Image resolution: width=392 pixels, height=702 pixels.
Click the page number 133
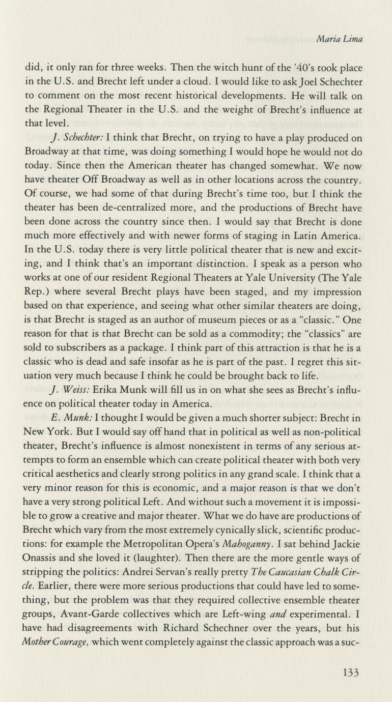(x=351, y=672)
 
